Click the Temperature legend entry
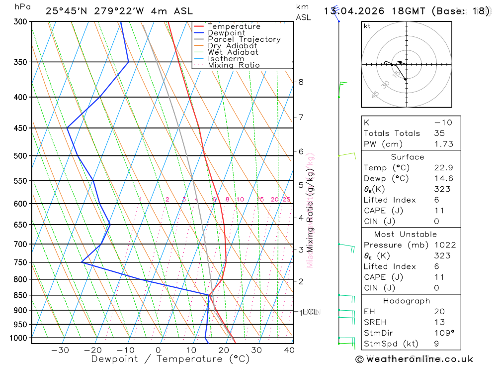(x=234, y=26)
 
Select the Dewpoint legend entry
(x=227, y=33)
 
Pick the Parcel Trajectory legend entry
(x=244, y=39)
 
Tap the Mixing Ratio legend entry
(x=234, y=65)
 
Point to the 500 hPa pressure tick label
(x=21, y=156)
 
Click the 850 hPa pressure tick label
(x=21, y=295)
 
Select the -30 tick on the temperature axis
(x=60, y=350)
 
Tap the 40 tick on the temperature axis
(x=289, y=350)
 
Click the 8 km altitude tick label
(x=301, y=82)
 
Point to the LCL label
(x=310, y=312)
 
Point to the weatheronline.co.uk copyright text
(x=414, y=359)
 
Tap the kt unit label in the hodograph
(x=367, y=26)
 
